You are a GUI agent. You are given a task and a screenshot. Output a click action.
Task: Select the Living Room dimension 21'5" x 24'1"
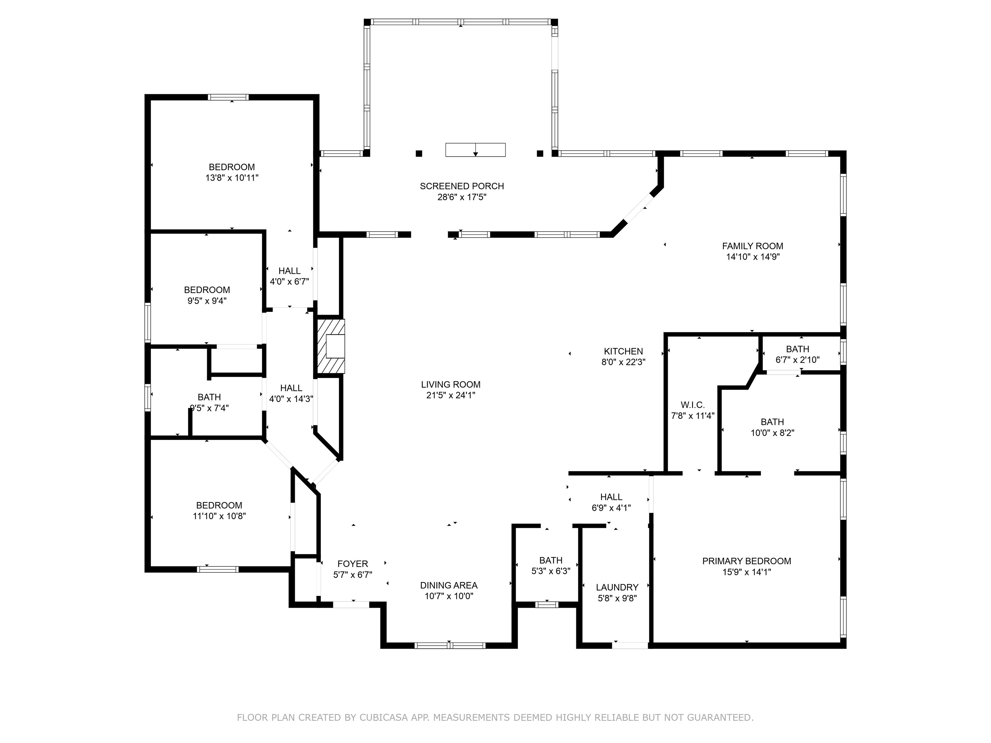(450, 395)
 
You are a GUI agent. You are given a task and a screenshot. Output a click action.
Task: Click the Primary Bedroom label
(746, 561)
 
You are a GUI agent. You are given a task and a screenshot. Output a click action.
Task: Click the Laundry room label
(617, 587)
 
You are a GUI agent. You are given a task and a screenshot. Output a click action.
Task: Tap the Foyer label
(353, 564)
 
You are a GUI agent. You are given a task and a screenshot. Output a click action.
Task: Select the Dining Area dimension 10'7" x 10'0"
(448, 596)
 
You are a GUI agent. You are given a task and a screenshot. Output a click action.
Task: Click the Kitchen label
(623, 352)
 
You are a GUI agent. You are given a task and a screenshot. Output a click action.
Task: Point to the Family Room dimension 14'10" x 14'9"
(753, 257)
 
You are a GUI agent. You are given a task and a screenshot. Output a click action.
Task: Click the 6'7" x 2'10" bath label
(797, 349)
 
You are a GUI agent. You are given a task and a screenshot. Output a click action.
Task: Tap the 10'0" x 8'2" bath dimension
(772, 433)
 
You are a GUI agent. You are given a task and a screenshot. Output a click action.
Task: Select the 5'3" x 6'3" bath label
(551, 560)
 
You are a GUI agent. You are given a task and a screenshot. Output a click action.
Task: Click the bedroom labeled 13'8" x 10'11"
(232, 167)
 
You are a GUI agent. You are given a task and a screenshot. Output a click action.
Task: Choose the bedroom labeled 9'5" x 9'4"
(207, 290)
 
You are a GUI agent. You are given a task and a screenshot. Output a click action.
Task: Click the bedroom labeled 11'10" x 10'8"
(219, 505)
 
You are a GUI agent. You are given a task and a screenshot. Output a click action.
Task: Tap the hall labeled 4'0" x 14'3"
(291, 388)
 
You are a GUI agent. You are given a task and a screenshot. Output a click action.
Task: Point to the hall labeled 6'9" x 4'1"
(611, 497)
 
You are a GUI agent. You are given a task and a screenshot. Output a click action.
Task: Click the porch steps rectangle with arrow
(475, 150)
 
